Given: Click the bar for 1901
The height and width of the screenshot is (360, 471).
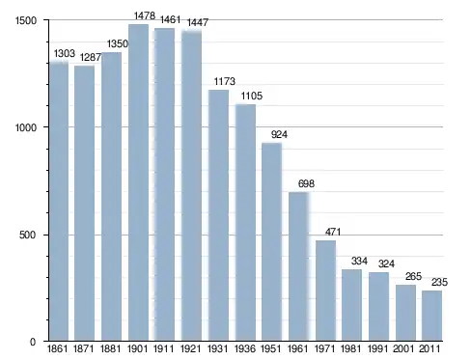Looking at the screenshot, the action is [x=138, y=182].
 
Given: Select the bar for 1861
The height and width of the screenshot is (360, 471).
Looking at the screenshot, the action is [x=59, y=201].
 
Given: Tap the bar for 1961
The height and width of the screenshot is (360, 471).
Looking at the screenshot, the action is [x=298, y=266].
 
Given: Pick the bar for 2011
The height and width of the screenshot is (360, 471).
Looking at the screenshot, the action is [x=431, y=316].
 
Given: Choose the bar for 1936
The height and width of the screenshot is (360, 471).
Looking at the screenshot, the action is [x=245, y=222].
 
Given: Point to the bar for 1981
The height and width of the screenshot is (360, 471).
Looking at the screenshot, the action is [x=351, y=305].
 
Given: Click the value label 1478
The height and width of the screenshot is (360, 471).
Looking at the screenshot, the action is [x=145, y=15].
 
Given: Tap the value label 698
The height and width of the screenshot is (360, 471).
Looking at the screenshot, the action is [x=306, y=183].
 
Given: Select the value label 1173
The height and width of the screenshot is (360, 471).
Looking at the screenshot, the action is [x=225, y=81].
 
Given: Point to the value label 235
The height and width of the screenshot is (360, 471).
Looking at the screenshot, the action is [x=439, y=282].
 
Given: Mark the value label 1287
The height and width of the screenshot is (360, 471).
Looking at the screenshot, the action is [x=91, y=57].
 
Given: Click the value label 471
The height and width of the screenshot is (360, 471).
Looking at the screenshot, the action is [x=333, y=232].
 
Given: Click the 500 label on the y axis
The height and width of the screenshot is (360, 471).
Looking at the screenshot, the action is [x=27, y=235].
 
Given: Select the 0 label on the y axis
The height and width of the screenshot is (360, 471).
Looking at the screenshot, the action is [x=33, y=342].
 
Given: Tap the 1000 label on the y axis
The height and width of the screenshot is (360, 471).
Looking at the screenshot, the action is [x=26, y=127].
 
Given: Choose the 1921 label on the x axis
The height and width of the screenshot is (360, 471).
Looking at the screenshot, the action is [x=191, y=348].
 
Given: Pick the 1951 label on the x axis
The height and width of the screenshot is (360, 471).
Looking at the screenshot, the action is [x=271, y=348].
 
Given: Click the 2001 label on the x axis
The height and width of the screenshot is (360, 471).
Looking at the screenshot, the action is [x=403, y=348].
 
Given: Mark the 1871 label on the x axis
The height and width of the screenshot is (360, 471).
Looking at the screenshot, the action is [x=84, y=348].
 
